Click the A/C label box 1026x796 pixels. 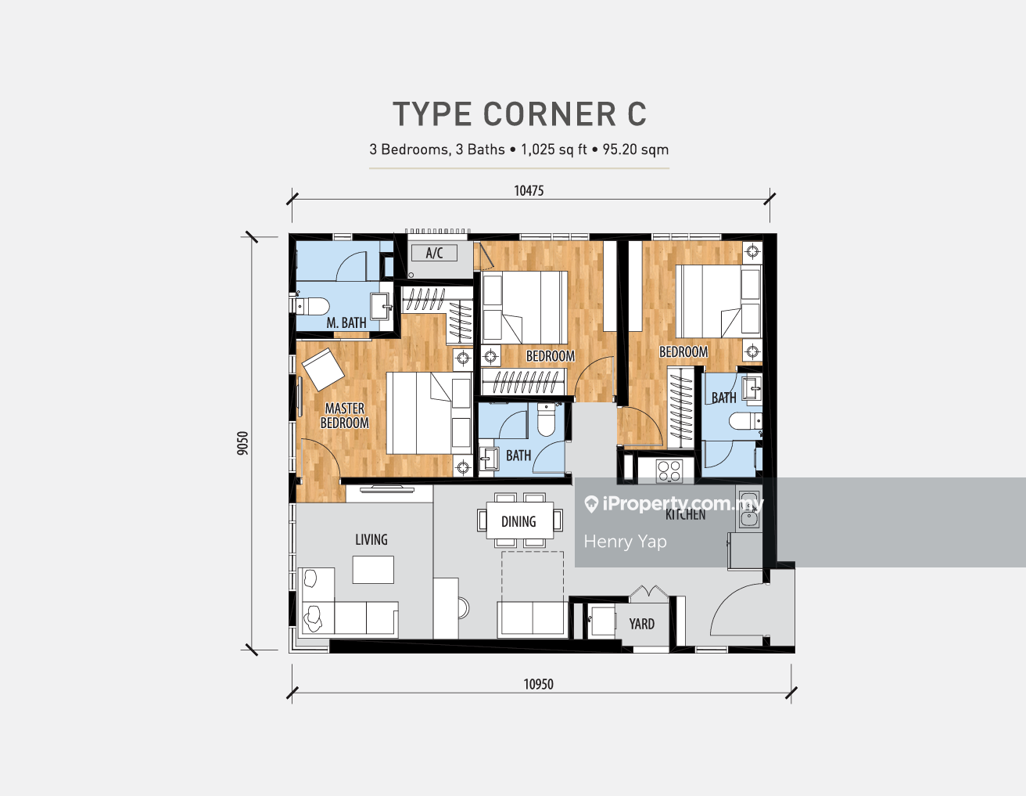point(434,253)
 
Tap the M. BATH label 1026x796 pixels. point(346,322)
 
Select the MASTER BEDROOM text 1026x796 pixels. point(345,416)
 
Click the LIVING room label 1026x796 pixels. point(371,539)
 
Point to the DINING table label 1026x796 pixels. point(518,521)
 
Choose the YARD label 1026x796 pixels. point(642,624)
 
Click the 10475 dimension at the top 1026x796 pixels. point(529,191)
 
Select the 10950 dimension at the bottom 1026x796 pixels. point(538,684)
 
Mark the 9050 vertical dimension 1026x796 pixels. point(242,443)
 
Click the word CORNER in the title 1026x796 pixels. point(550,114)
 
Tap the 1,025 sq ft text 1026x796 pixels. point(554,149)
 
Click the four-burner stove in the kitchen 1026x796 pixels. point(669,471)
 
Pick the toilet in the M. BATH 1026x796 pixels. point(310,306)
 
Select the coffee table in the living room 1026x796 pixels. point(373,569)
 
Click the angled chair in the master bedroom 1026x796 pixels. point(324,369)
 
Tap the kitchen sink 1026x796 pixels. point(748,510)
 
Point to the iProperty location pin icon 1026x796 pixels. point(591,504)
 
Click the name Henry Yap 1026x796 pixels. point(625,542)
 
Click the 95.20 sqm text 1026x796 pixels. point(636,149)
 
